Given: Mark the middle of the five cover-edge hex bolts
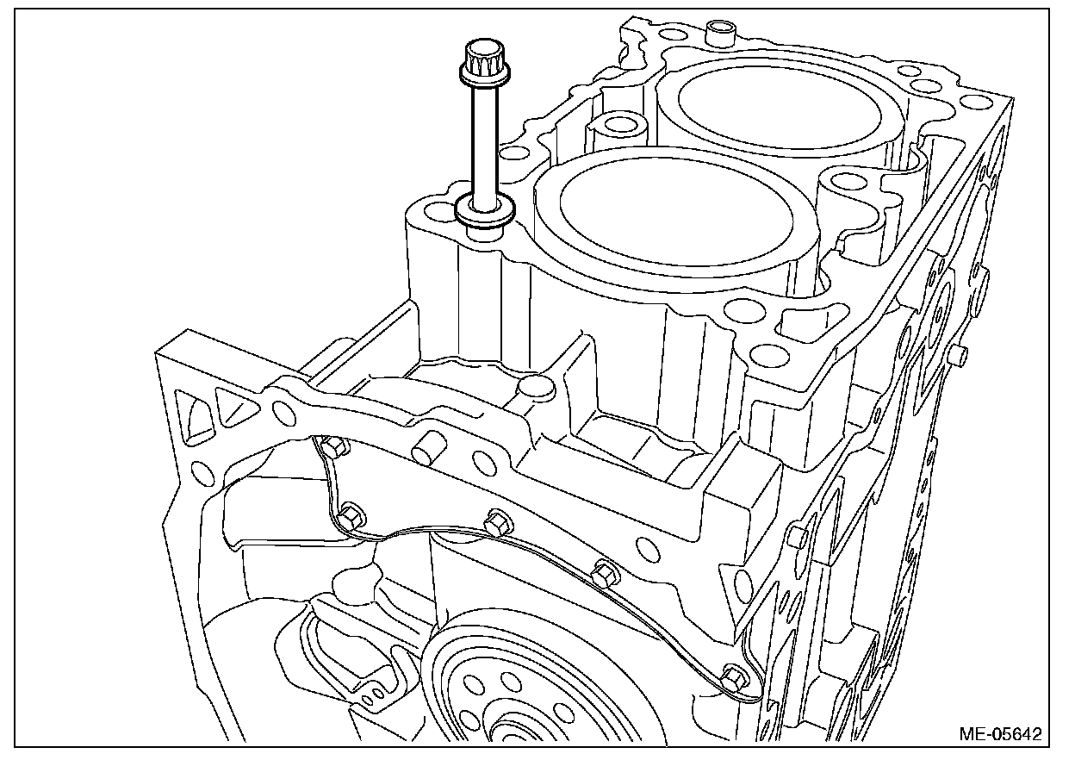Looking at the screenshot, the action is pos(496,521).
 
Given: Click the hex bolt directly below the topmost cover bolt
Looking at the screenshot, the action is pos(351,515).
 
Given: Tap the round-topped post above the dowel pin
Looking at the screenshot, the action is pos(534,389).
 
